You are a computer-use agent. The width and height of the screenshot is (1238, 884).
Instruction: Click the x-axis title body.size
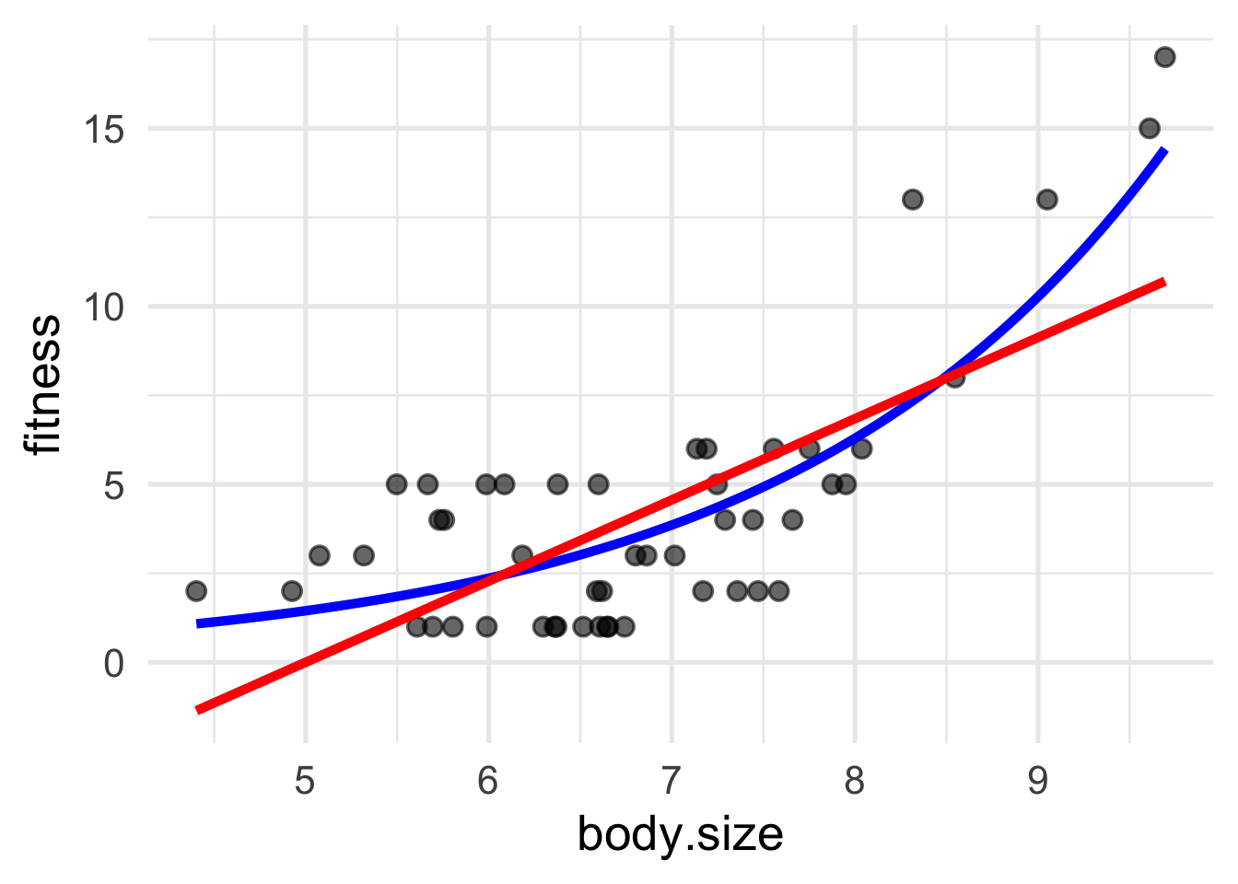(x=680, y=835)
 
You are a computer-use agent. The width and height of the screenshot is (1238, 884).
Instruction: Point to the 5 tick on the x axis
(x=305, y=781)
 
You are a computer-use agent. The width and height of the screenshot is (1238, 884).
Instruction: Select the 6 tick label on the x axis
(x=488, y=781)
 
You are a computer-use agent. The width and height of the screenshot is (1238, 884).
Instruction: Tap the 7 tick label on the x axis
(x=671, y=781)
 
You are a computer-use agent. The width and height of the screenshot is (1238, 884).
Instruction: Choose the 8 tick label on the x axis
(x=854, y=781)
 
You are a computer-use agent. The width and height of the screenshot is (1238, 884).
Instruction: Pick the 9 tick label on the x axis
(x=1037, y=781)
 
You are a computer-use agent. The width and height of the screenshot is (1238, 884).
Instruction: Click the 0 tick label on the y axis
(x=113, y=663)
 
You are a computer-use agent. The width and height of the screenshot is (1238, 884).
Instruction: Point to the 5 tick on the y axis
(x=113, y=485)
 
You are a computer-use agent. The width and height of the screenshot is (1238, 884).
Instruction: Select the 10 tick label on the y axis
(x=102, y=307)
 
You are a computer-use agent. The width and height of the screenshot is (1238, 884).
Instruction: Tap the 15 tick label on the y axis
(x=102, y=129)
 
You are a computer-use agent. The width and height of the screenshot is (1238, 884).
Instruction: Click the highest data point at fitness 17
(x=1164, y=57)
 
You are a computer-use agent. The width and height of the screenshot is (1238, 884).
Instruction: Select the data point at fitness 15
(x=1150, y=128)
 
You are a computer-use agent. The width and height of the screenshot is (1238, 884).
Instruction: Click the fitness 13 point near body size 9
(x=1046, y=199)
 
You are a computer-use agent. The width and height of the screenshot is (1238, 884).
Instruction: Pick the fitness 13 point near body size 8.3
(x=912, y=199)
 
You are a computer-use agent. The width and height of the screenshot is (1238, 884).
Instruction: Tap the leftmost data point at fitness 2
(x=196, y=590)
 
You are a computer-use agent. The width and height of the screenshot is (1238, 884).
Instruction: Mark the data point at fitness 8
(x=954, y=378)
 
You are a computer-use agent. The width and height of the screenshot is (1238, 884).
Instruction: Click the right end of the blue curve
(x=1165, y=150)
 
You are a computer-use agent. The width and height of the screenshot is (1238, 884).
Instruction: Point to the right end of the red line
(x=1165, y=281)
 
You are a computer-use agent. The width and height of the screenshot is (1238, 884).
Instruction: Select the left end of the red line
(x=197, y=709)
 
